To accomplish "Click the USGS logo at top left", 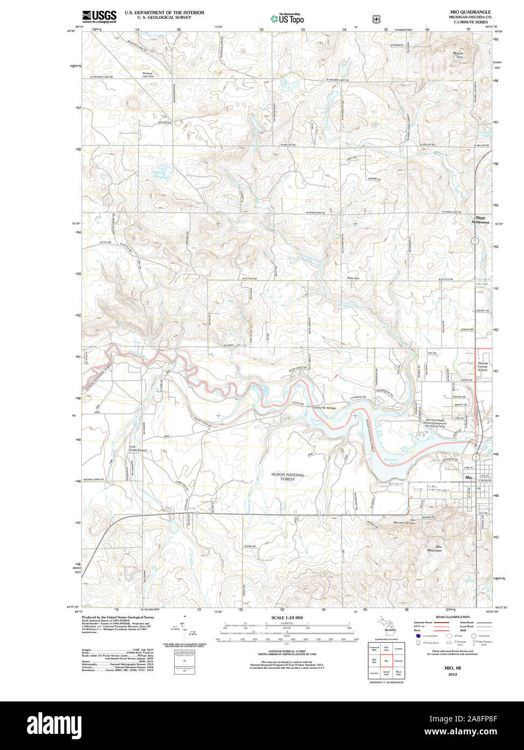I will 99,16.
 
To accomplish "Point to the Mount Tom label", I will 458,55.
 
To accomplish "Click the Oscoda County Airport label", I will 482,367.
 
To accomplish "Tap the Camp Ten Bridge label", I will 325,408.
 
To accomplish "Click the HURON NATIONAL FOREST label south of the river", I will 287,477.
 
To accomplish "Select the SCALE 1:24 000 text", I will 287,618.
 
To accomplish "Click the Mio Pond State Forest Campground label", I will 435,422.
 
